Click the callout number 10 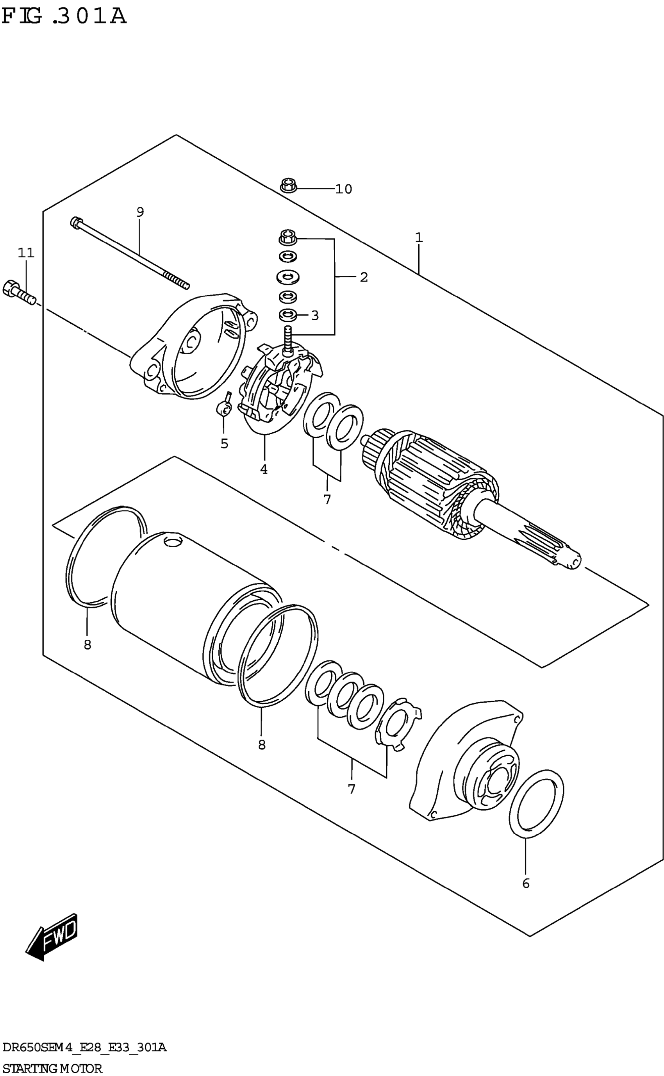coord(343,189)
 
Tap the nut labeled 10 coord(289,185)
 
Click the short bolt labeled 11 coord(18,292)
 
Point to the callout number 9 coord(140,212)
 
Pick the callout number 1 coord(418,238)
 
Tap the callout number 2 coord(364,277)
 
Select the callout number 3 coord(314,316)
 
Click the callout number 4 coord(264,469)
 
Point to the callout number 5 coord(224,444)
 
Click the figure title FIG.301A coord(64,16)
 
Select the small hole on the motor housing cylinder coord(172,542)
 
